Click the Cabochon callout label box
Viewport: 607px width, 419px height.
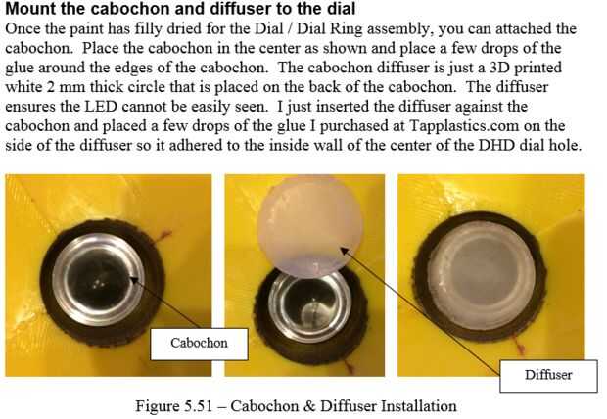tap(199, 344)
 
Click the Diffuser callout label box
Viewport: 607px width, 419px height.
tap(548, 376)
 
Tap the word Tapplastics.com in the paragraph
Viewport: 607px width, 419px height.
tap(464, 126)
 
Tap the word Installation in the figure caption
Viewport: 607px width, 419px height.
tap(419, 406)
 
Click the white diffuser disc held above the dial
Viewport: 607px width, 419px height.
tap(309, 226)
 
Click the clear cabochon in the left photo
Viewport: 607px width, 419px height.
tap(99, 280)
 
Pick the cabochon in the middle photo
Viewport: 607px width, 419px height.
tap(310, 305)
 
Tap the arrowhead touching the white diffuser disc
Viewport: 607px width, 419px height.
tap(345, 252)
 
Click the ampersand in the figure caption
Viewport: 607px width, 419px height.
tap(309, 406)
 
